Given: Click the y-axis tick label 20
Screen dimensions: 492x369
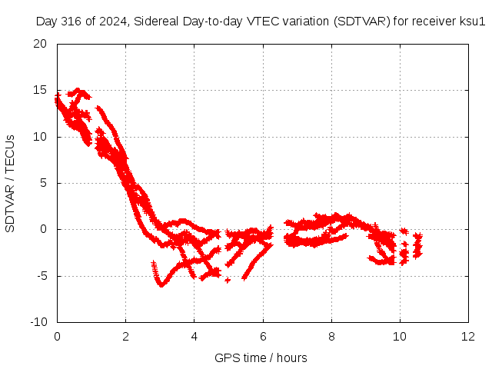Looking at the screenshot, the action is click(40, 44).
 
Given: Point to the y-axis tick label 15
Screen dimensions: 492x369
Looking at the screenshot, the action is click(40, 91).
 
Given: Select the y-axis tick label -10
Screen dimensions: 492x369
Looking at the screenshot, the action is click(38, 322).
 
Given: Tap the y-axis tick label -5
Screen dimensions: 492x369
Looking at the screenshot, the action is click(42, 276).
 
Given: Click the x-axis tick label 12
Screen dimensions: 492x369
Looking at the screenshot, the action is click(468, 337).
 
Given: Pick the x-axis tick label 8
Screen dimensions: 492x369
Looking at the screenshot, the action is click(331, 337).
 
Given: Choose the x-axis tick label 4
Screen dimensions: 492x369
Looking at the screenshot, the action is click(194, 337).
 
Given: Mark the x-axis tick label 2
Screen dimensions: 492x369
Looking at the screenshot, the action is click(125, 337).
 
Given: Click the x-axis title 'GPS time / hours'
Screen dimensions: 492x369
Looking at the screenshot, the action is click(261, 358).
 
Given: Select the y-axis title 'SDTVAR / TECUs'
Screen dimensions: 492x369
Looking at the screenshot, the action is click(10, 184).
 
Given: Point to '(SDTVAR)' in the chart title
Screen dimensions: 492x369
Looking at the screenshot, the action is click(362, 22).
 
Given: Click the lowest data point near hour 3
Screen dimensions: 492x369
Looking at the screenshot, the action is click(161, 285).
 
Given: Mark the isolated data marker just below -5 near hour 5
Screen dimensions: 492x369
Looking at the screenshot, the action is click(228, 280).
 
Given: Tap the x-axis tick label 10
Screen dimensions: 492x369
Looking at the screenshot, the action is click(400, 337).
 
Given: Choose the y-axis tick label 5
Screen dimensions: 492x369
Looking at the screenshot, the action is click(44, 183).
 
